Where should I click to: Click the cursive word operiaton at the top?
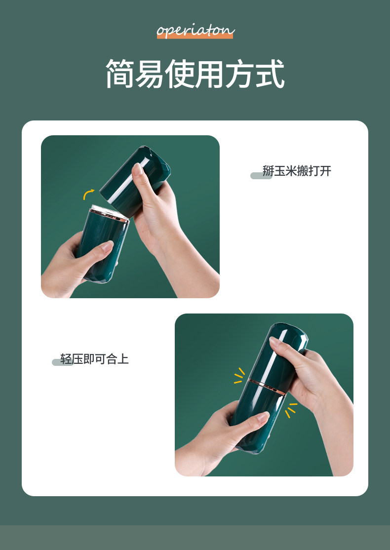195,31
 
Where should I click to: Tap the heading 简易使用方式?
195,74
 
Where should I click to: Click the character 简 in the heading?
120,74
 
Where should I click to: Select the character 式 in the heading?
270,74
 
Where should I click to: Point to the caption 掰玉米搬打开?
297,171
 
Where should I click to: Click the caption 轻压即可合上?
94,359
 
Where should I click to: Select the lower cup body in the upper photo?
102,245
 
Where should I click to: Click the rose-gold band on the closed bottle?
267,387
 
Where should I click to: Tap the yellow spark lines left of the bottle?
239,375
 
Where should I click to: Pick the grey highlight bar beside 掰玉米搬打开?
261,175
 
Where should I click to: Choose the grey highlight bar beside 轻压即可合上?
63,362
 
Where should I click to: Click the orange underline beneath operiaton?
195,36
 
